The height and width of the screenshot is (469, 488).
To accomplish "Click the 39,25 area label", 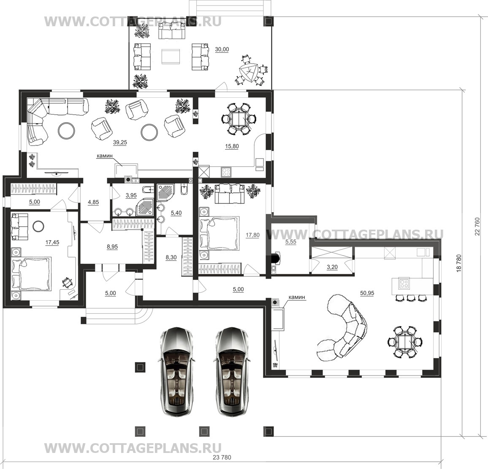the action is coord(120,142).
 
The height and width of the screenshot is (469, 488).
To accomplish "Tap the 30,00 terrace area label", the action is coord(222,49).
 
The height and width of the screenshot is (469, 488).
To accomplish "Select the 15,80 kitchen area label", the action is coord(232,146).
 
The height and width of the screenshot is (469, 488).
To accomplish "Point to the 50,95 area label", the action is coord(367,293).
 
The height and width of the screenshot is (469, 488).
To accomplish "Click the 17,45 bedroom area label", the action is coord(52,242).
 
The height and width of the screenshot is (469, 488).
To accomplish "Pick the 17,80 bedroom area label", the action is coord(252,235).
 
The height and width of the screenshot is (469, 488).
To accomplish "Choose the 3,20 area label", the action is coord(332,267).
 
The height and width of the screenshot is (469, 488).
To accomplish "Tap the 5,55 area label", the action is coord(291,241).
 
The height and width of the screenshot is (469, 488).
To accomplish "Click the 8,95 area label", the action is coord(112,247).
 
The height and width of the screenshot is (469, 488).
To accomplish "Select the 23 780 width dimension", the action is coord(222,458).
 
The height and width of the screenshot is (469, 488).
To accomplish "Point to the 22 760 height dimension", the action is coord(478,227).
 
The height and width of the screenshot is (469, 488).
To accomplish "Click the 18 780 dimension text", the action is coord(458,264).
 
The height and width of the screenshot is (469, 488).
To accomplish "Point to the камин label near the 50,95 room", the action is coord(297,297).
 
